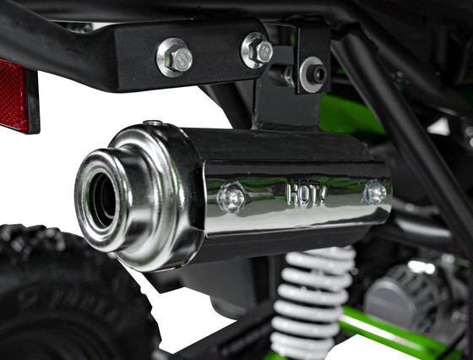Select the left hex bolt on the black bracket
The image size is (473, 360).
point(175,58)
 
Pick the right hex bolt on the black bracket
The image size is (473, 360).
point(257,50)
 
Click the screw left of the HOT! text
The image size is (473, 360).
point(231,199)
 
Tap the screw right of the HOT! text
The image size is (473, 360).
point(374,193)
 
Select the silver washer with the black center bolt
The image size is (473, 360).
point(313,74)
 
